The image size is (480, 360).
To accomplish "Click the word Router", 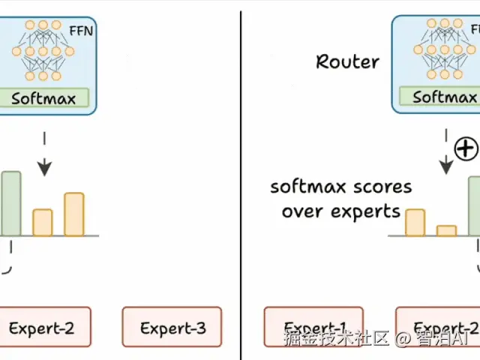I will click(348, 61).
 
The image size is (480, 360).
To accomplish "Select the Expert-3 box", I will click(172, 327).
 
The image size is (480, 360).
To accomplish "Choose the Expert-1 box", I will click(313, 327).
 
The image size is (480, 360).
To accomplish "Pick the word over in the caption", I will click(302, 211).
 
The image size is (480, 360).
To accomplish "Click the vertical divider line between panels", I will click(241, 180).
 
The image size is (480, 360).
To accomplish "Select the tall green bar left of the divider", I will click(11, 203).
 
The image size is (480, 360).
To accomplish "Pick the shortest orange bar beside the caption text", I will click(446, 231).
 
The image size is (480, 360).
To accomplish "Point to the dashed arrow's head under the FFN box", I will click(45, 169).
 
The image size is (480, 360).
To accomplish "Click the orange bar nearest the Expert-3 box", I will click(73, 214).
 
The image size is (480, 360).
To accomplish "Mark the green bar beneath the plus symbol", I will click(474, 206).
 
